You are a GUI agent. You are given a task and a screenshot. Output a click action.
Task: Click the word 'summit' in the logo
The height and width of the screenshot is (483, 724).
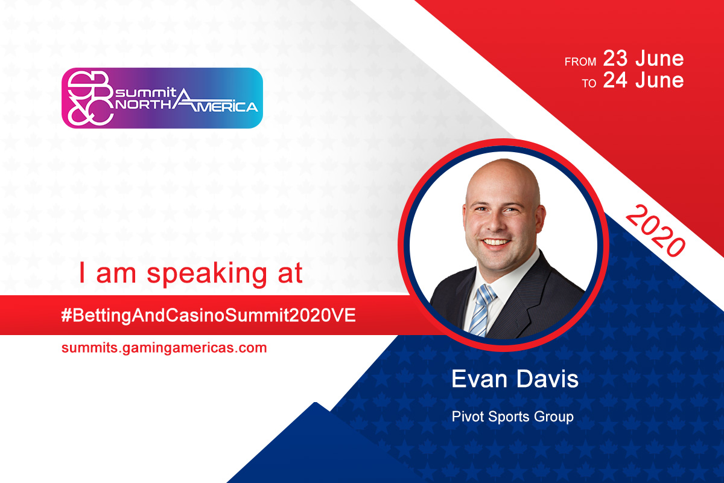click(x=146, y=93)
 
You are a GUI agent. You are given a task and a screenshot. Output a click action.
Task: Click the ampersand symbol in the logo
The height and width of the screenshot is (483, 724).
click(x=80, y=114)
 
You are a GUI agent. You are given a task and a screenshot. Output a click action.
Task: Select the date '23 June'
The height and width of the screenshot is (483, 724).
click(x=643, y=59)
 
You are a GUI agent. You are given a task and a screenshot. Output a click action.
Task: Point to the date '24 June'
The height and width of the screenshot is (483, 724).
click(x=643, y=80)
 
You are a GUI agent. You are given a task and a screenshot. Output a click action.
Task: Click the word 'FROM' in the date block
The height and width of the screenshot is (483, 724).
click(x=580, y=62)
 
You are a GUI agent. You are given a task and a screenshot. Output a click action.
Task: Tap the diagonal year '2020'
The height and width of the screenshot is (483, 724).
click(x=655, y=231)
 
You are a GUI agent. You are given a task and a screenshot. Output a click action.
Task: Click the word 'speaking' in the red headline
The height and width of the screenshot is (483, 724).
click(x=207, y=275)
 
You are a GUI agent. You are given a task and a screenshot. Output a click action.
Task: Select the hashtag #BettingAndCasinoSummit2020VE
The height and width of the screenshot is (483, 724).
click(x=209, y=315)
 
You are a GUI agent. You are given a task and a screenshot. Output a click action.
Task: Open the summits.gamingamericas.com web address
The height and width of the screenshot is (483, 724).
click(x=164, y=348)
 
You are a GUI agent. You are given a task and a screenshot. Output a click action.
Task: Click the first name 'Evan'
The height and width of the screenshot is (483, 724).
click(x=479, y=379)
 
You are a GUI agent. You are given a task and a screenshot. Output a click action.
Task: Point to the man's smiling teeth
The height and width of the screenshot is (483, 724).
click(x=495, y=242)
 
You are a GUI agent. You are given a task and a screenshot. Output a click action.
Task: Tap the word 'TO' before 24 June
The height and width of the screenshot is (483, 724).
click(x=589, y=83)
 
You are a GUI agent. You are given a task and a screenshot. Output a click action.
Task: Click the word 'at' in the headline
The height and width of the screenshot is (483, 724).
click(x=290, y=273)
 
